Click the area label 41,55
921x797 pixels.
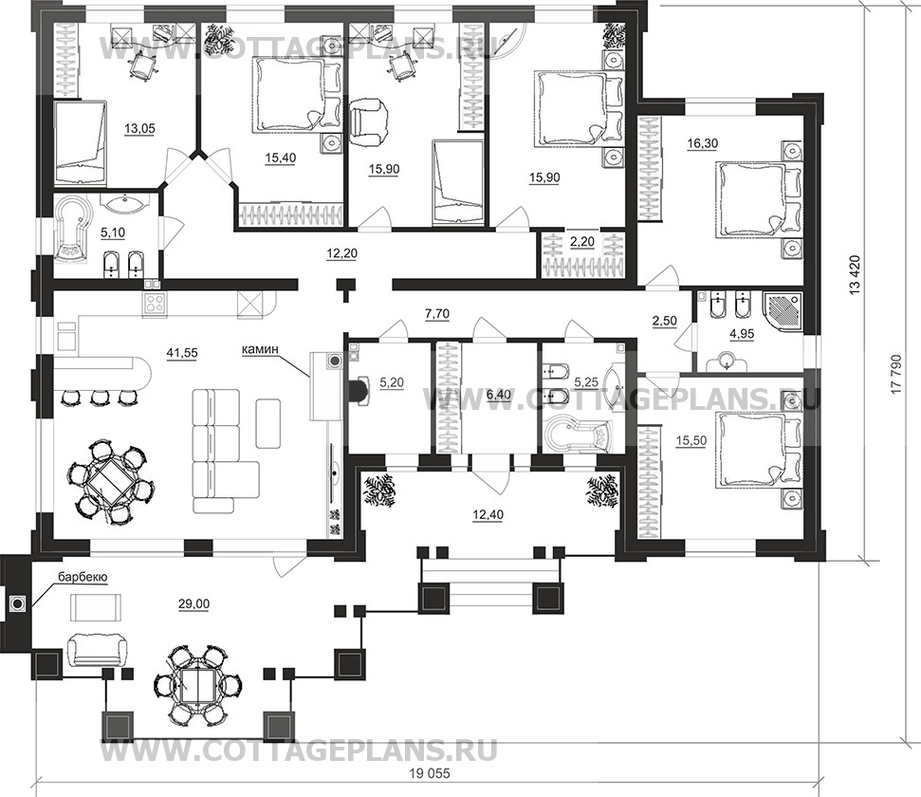[x=183, y=353]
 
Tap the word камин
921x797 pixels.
[x=258, y=350]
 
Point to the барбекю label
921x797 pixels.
[x=83, y=578]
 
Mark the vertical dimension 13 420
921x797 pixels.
[x=856, y=274]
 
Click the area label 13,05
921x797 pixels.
[x=139, y=129]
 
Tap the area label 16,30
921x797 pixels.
[x=703, y=143]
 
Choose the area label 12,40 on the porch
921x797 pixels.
[x=488, y=515]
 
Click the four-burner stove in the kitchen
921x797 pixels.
[x=155, y=305]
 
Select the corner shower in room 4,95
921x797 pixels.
[x=783, y=311]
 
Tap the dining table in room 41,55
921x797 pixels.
[x=110, y=483]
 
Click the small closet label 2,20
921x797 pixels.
[x=582, y=242]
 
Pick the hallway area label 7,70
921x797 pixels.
[x=437, y=314]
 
